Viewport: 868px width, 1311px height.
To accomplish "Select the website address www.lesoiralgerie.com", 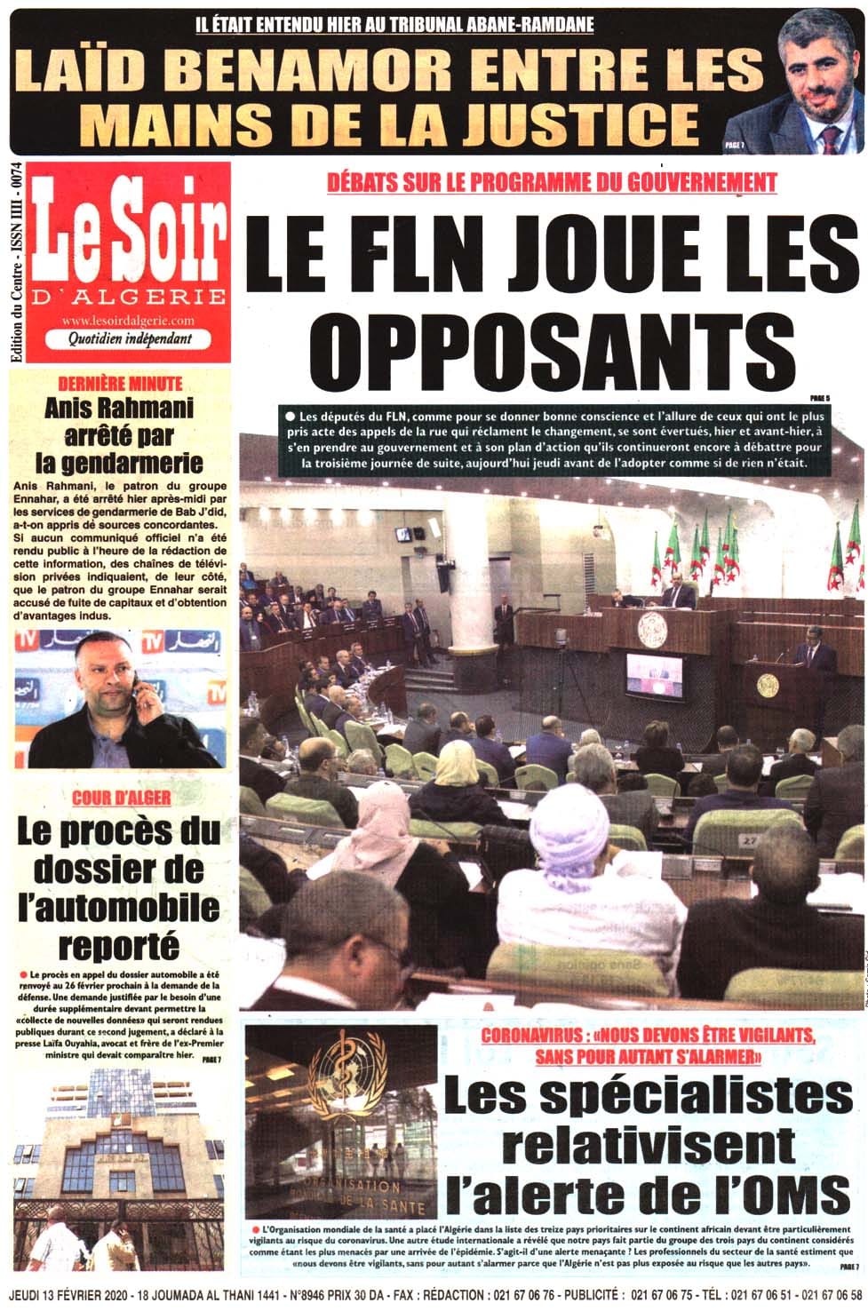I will click(129, 320).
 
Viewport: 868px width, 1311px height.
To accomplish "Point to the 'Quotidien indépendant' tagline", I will click(129, 338).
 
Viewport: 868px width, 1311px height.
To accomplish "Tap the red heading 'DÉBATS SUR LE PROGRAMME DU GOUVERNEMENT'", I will click(552, 184).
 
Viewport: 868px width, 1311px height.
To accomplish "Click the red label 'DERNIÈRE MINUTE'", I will click(120, 384).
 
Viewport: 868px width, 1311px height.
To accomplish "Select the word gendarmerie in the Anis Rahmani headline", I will click(120, 463).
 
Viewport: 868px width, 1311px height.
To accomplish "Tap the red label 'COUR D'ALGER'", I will click(121, 797).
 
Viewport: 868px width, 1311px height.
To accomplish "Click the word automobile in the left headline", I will click(119, 907).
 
